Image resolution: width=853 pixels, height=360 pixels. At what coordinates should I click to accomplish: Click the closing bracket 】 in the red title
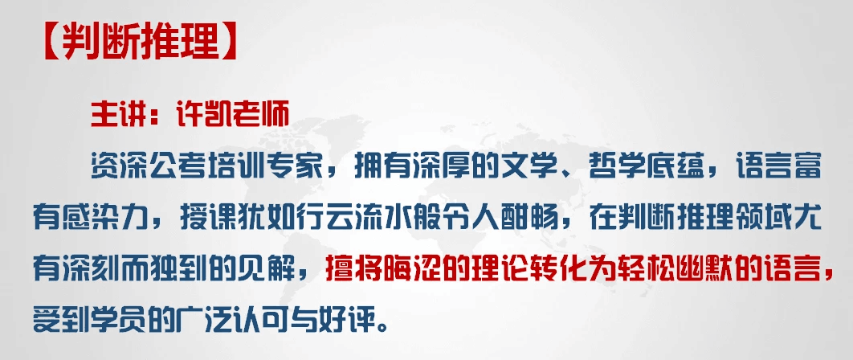pyautogui.click(x=229, y=43)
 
